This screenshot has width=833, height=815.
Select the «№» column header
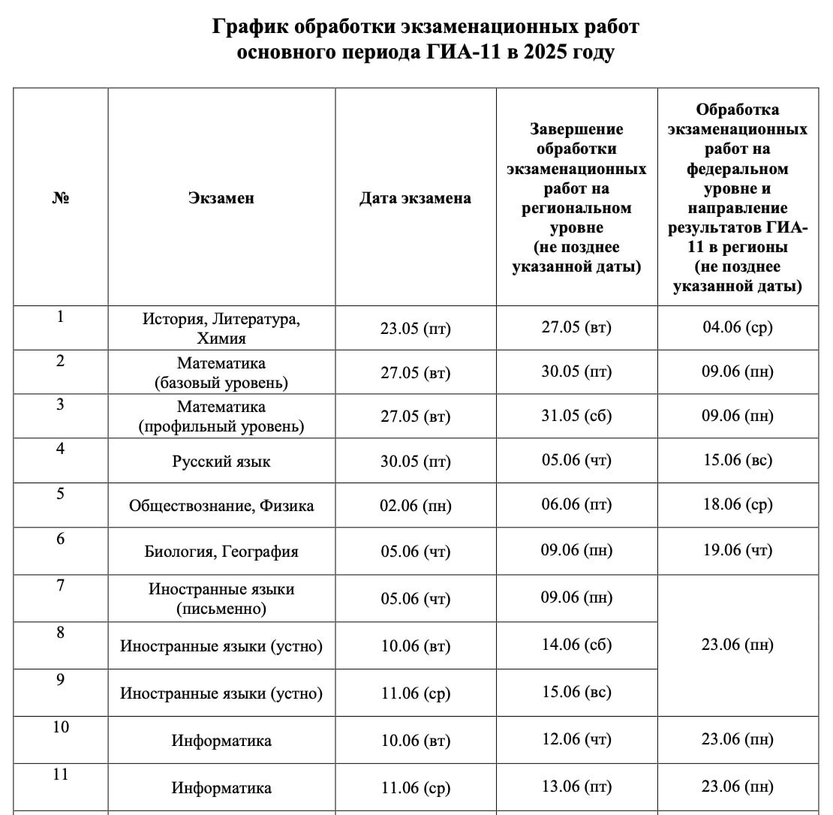point(61,198)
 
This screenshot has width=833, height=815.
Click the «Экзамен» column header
point(221,198)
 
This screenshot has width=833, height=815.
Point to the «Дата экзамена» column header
point(415,198)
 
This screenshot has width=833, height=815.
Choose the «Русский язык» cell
point(221,462)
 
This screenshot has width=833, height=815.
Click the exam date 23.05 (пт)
point(415,329)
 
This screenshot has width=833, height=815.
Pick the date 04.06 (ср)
point(737,327)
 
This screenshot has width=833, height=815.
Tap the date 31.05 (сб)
point(576,415)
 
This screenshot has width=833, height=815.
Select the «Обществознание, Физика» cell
point(221,506)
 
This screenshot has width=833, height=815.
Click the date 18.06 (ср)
point(737,504)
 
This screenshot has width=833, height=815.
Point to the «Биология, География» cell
point(221,552)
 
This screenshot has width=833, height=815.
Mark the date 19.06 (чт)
point(737,550)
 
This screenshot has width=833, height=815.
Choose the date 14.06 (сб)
point(576,645)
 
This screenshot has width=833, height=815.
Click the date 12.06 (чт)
point(576,739)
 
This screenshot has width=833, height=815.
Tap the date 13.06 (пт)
point(576,786)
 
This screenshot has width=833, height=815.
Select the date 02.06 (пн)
point(415,506)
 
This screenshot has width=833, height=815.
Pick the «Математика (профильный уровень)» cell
point(221,417)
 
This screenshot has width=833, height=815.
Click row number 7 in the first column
point(61,585)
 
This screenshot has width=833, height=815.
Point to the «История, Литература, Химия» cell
point(221,329)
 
